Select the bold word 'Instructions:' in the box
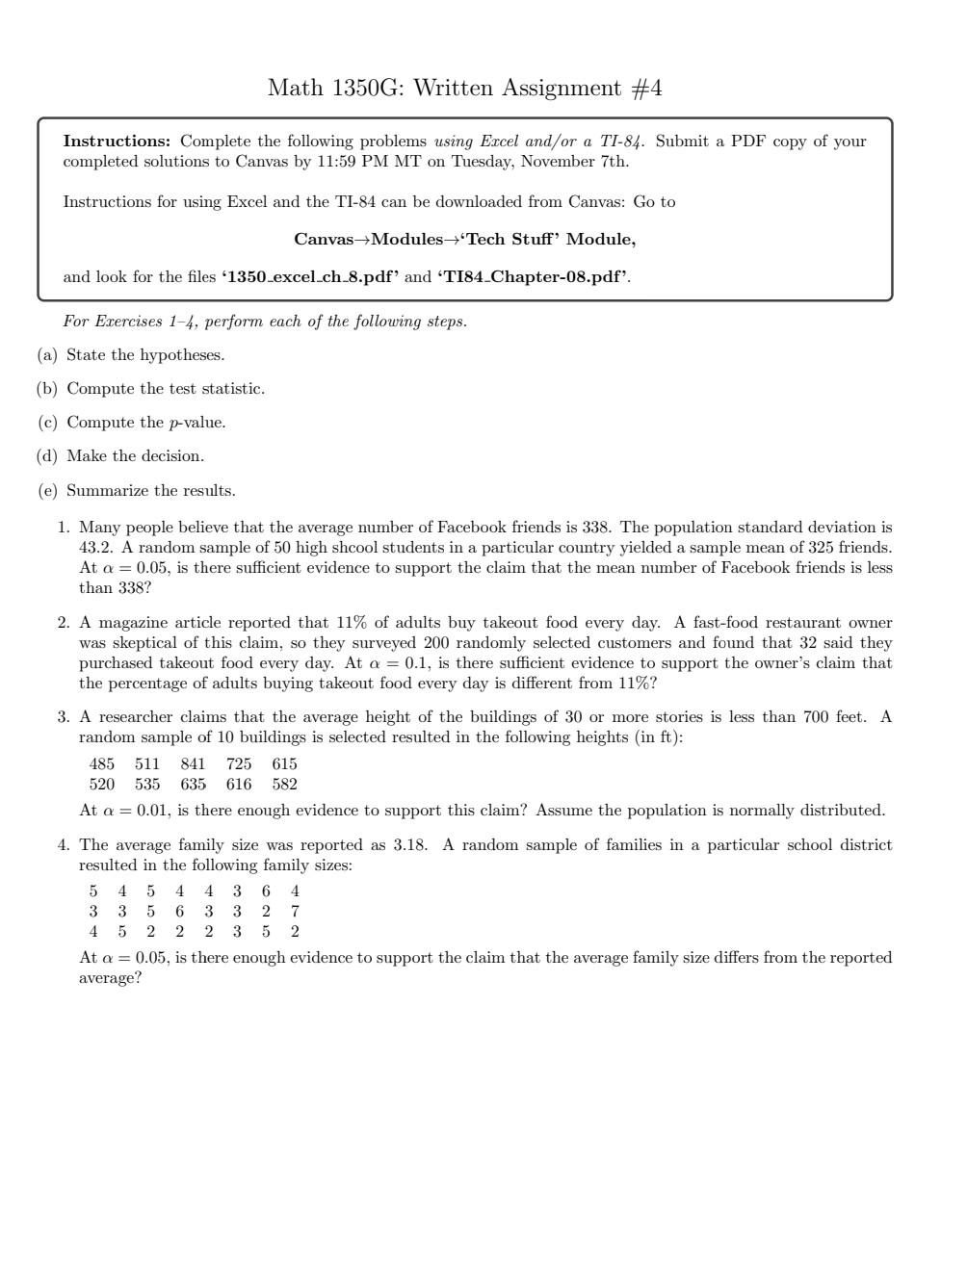(117, 142)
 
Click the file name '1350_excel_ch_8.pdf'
(310, 277)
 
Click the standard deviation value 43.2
(95, 548)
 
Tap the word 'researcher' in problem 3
(138, 717)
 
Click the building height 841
(193, 764)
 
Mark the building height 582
(284, 785)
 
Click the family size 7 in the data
(295, 912)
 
